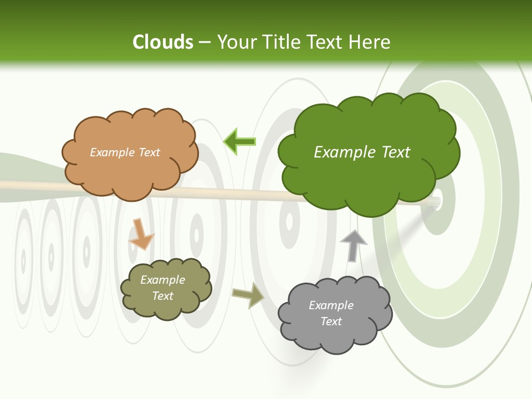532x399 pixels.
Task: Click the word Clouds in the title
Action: tap(163, 42)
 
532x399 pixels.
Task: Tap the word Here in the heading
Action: tap(371, 42)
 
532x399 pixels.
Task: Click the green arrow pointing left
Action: tap(239, 142)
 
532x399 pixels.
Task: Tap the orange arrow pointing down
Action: tap(141, 233)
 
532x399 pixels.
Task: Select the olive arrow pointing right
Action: tap(248, 295)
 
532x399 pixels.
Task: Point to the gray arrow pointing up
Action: tap(354, 245)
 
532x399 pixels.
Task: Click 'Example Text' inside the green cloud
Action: tap(362, 152)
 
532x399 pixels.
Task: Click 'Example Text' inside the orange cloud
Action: tap(125, 152)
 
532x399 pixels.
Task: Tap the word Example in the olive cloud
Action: tap(162, 280)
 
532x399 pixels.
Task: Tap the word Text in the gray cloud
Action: tap(331, 321)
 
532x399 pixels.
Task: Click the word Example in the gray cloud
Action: tap(331, 305)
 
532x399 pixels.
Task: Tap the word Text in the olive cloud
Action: tap(162, 296)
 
